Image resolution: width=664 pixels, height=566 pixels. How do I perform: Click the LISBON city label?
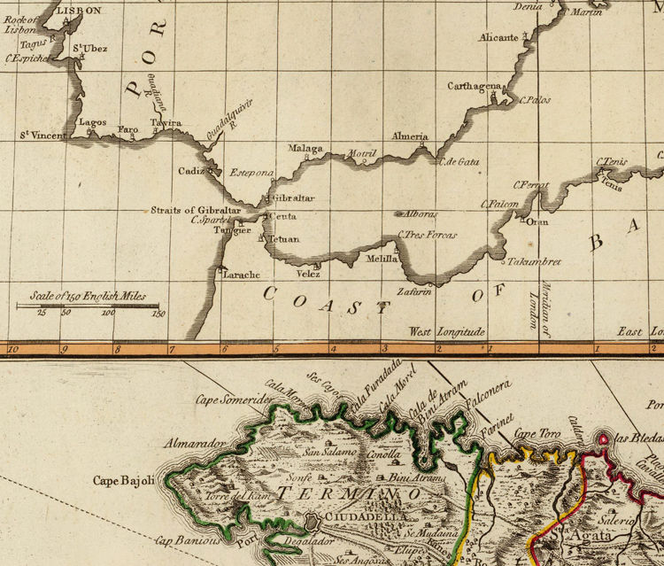click(79, 11)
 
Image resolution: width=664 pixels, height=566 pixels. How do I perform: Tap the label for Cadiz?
click(190, 170)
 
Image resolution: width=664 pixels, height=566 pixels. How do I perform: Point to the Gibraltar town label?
click(294, 198)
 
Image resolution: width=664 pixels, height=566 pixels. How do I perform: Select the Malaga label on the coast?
click(306, 148)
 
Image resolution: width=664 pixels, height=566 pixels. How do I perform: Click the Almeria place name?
click(410, 136)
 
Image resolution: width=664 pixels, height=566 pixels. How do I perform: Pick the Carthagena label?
click(474, 87)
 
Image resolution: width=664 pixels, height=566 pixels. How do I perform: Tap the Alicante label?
click(498, 37)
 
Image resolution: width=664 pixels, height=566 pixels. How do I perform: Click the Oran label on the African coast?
click(537, 221)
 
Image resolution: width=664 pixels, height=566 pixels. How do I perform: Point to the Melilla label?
click(382, 260)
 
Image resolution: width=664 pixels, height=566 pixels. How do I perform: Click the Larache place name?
click(241, 275)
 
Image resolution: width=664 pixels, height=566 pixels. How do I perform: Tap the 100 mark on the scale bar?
click(108, 313)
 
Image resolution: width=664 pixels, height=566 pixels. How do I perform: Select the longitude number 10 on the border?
click(12, 349)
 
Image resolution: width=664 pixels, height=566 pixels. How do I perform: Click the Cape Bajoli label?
click(123, 481)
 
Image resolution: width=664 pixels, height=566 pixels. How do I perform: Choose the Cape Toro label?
click(538, 434)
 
